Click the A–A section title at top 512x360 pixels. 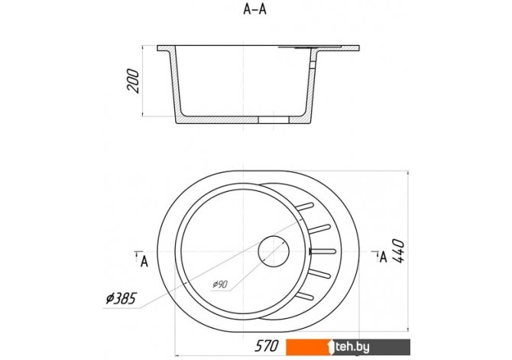254,9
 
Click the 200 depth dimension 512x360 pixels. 133,81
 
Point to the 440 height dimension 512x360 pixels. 398,251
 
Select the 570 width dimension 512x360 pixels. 266,346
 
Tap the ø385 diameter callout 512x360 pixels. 121,298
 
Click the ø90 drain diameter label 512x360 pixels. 220,284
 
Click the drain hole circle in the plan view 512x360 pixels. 274,251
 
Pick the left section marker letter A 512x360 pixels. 144,261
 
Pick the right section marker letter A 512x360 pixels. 383,257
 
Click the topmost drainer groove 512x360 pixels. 305,206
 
